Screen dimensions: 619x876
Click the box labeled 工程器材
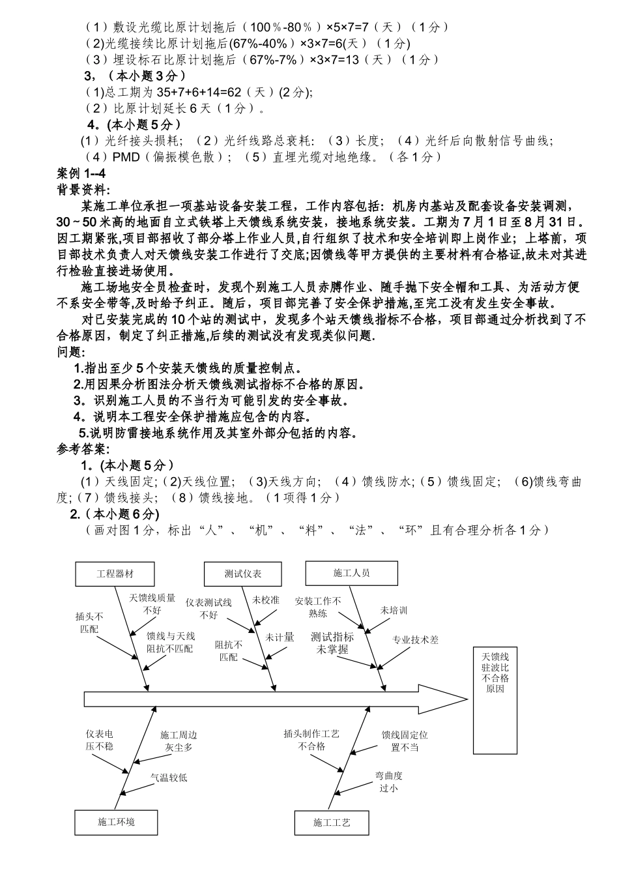pos(115,574)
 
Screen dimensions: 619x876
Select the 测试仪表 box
pos(243,574)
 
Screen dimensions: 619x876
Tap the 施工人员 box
pos(351,573)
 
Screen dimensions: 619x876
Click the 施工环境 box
pos(116,823)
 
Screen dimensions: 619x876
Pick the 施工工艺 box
pos(332,823)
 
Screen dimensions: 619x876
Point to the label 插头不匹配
pos(89,622)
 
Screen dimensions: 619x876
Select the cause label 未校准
pos(266,600)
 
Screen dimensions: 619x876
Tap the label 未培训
pos(394,610)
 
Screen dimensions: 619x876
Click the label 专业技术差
pos(415,639)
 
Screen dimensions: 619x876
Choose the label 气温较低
pos(169,777)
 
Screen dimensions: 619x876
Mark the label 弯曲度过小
pos(388,781)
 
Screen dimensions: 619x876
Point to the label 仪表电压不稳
pos(100,740)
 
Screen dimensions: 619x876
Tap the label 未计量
pos(280,637)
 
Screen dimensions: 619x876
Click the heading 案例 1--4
pos(81,173)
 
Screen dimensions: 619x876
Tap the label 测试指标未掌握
pos(332,643)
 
